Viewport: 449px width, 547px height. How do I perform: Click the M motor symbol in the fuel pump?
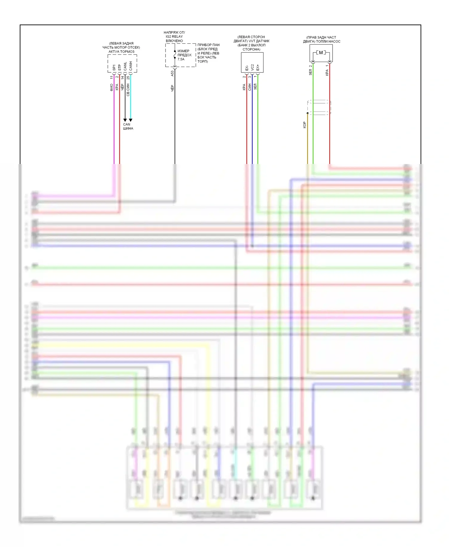321,53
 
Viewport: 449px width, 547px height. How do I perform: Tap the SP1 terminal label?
114,68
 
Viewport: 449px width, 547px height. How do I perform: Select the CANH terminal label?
131,66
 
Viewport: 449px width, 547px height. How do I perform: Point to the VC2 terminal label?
252,67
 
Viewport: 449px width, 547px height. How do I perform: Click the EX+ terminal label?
258,67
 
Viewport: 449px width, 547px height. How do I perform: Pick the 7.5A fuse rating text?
181,59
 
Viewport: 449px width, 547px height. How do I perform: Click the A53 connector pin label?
172,73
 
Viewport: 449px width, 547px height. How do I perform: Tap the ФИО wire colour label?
111,87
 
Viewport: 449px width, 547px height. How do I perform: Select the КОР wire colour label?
304,125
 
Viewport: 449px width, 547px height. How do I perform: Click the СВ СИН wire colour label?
128,89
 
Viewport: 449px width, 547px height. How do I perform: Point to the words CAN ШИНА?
128,126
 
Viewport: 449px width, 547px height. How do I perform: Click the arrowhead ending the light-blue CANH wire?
131,120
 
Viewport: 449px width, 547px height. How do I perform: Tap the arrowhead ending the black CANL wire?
125,120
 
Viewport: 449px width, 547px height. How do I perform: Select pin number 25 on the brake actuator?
128,78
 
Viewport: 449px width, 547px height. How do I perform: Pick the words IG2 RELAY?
174,37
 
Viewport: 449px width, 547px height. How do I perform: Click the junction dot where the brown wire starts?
307,113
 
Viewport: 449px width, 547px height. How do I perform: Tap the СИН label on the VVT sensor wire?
250,87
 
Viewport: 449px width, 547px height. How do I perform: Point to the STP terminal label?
120,68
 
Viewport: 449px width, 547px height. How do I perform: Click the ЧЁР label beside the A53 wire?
172,88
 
